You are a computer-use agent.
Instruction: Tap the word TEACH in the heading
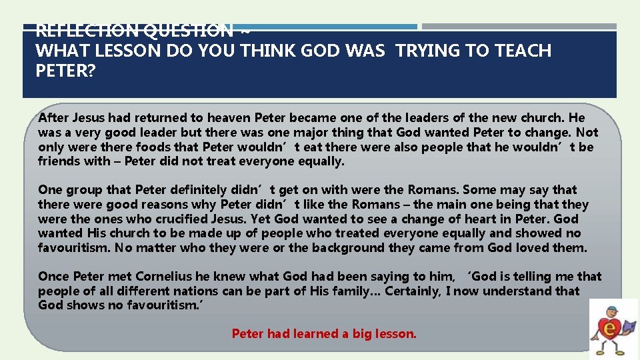(523, 51)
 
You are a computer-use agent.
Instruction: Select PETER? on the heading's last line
(65, 71)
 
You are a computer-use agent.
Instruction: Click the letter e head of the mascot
(608, 315)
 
